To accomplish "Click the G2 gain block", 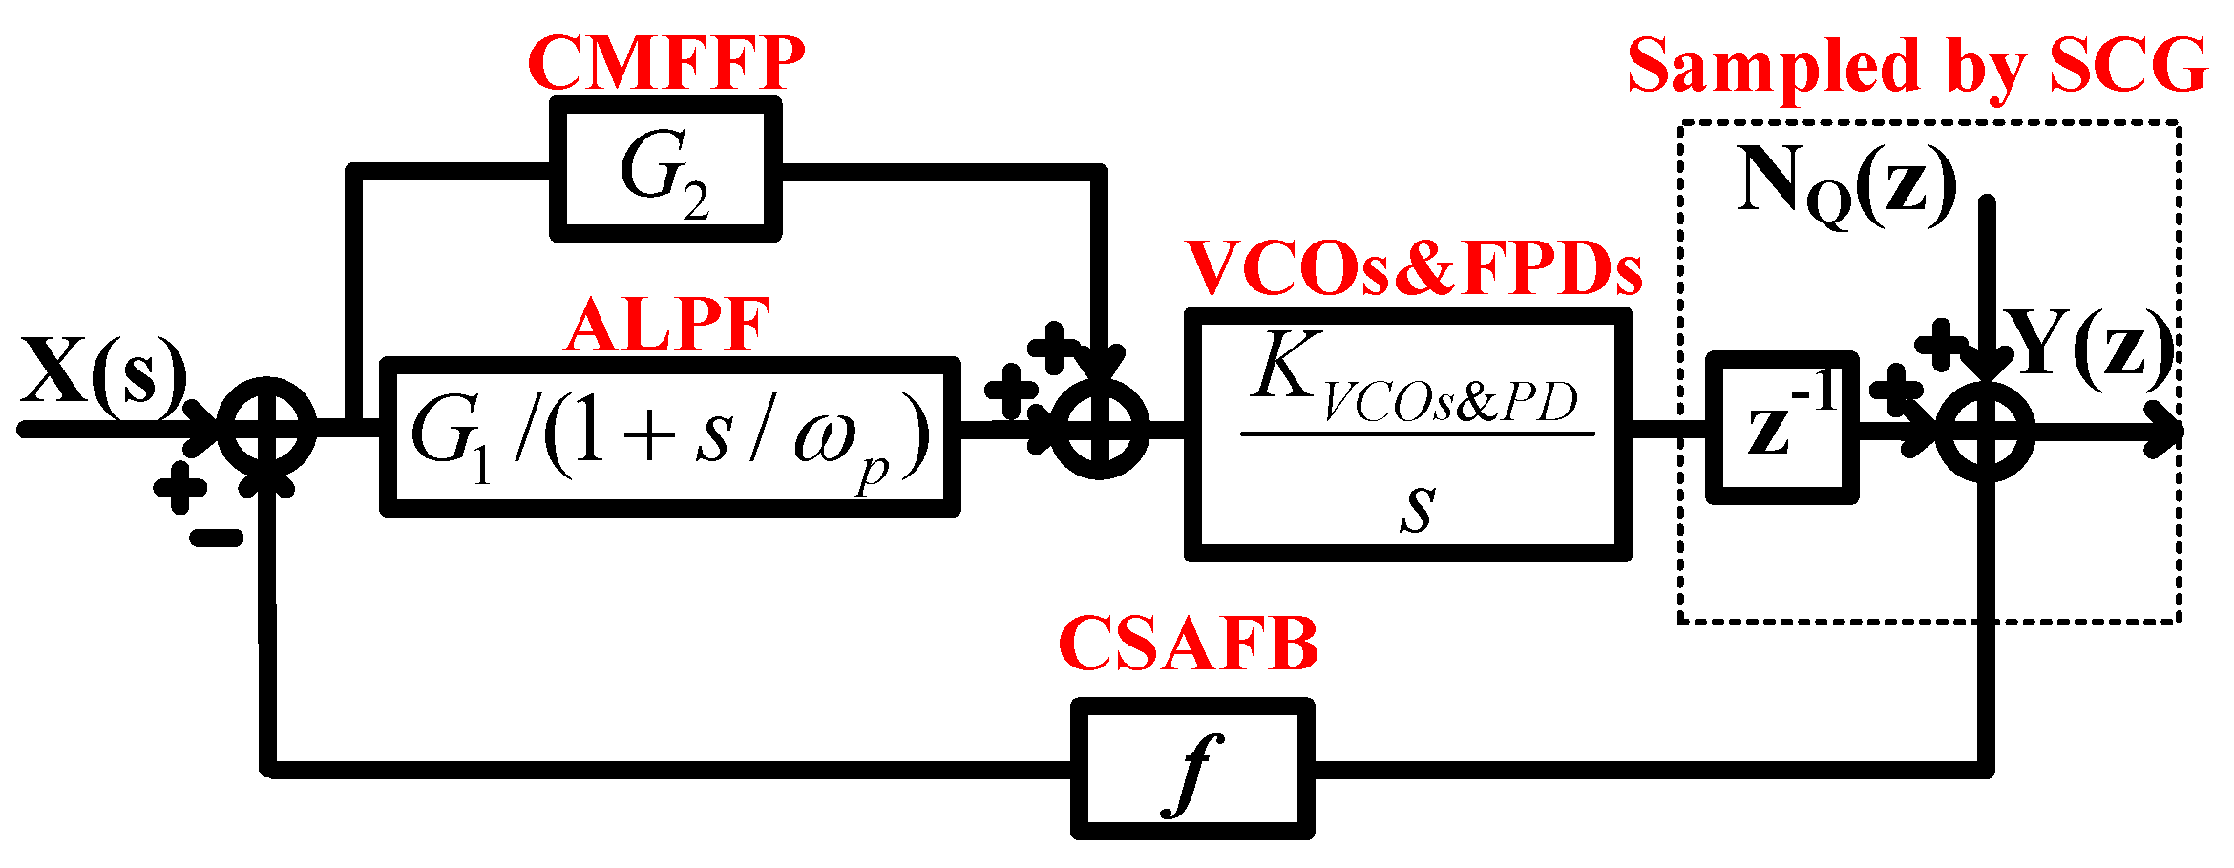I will tap(665, 169).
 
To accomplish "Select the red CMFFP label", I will tap(665, 63).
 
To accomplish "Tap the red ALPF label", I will tap(666, 326).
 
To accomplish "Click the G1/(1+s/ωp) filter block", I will tap(669, 437).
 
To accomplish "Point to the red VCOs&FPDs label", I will tap(1413, 268).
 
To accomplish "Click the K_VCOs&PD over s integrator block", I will tap(1407, 434).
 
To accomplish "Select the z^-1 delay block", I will tap(1781, 428).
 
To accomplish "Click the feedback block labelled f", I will tap(1191, 769).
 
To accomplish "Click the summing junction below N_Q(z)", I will tap(1986, 430).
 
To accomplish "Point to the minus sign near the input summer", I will tap(216, 539).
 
